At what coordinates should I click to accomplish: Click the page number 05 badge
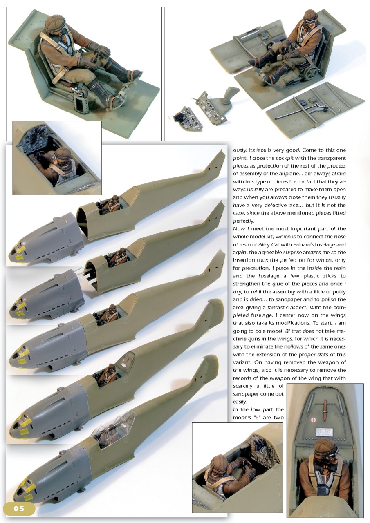pos(19,508)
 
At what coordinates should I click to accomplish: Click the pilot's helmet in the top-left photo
pos(55,24)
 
